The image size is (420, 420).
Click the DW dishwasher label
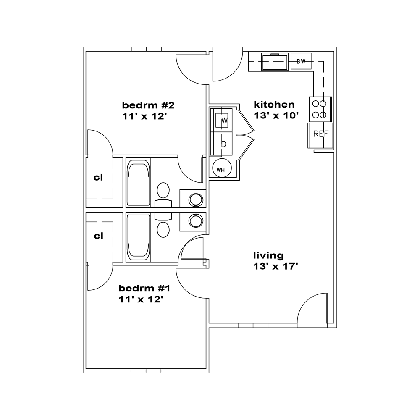301,62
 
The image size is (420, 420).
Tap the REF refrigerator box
320,136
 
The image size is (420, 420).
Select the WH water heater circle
221,169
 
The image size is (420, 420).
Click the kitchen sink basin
275,62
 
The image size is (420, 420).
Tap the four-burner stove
320,109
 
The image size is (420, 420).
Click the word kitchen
274,104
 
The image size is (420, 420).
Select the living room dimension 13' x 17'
276,267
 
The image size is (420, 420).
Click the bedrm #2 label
148,105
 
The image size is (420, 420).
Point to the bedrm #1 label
144,289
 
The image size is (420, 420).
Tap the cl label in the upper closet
98,177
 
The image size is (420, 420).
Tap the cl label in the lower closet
99,236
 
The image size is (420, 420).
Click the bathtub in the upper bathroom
138,183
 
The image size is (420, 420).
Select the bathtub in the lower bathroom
138,237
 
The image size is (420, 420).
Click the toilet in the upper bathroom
163,194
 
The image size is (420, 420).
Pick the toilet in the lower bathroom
163,225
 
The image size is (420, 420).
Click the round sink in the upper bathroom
196,200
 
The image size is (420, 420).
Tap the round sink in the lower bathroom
196,221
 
